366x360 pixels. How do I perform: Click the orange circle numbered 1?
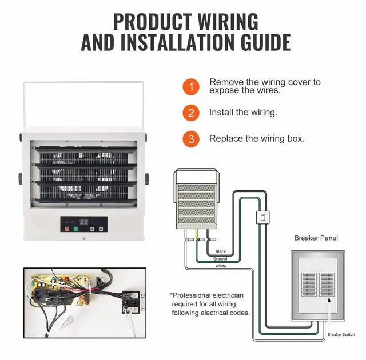(191, 87)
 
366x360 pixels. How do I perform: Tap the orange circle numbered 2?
(191, 113)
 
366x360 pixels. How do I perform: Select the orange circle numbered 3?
(191, 139)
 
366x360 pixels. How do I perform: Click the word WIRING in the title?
(228, 22)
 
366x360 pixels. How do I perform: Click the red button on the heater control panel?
(67, 229)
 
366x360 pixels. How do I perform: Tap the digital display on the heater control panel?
(84, 222)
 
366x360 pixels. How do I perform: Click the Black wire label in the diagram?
(221, 251)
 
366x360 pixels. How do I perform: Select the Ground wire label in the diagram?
(220, 259)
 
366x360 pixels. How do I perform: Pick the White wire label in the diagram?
(221, 266)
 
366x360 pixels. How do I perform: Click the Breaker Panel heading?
(316, 238)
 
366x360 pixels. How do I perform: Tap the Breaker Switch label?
(341, 335)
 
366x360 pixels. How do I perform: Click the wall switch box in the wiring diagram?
(263, 217)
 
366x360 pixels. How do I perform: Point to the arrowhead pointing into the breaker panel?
(329, 299)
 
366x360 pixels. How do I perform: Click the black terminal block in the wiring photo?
(131, 302)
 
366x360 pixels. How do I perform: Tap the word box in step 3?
(296, 138)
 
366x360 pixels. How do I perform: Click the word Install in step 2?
(221, 113)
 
